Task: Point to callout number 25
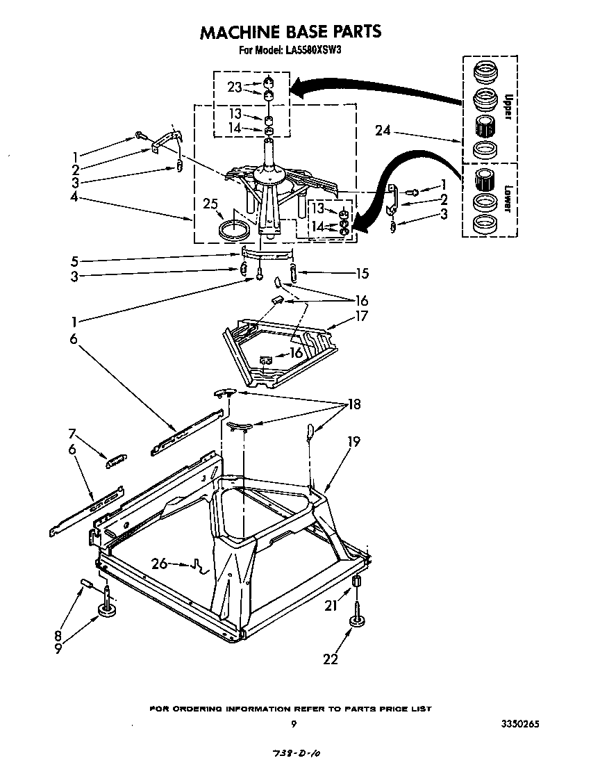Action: tap(210, 204)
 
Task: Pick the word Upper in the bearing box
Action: tap(508, 106)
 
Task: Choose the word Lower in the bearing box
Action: tap(508, 199)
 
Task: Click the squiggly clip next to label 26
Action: tap(199, 568)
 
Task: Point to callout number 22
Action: tap(331, 658)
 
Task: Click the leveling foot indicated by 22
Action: tap(359, 621)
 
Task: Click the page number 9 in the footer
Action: tap(294, 725)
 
